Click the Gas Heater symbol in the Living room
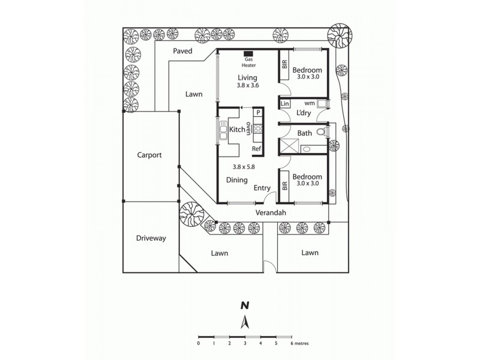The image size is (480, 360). coord(248,54)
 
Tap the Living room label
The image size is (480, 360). coord(247,78)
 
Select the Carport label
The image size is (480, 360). coord(149,155)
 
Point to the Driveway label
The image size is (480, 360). coord(151,238)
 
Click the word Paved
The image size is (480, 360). coord(182,52)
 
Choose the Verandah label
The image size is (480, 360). coord(270,213)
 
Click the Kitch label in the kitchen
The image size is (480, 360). coord(236,130)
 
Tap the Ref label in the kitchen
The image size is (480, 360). coord(256,149)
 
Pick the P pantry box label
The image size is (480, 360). coord(257,112)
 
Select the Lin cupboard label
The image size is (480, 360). coord(285,104)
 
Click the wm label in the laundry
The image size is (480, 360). coord(310,103)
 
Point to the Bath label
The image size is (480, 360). coord(304,133)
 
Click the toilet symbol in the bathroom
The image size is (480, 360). coord(322,132)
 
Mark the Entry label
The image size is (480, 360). coord(262,188)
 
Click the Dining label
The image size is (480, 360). coord(237,180)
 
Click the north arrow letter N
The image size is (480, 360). coord(244,305)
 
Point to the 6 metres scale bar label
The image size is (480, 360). coord(299,344)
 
